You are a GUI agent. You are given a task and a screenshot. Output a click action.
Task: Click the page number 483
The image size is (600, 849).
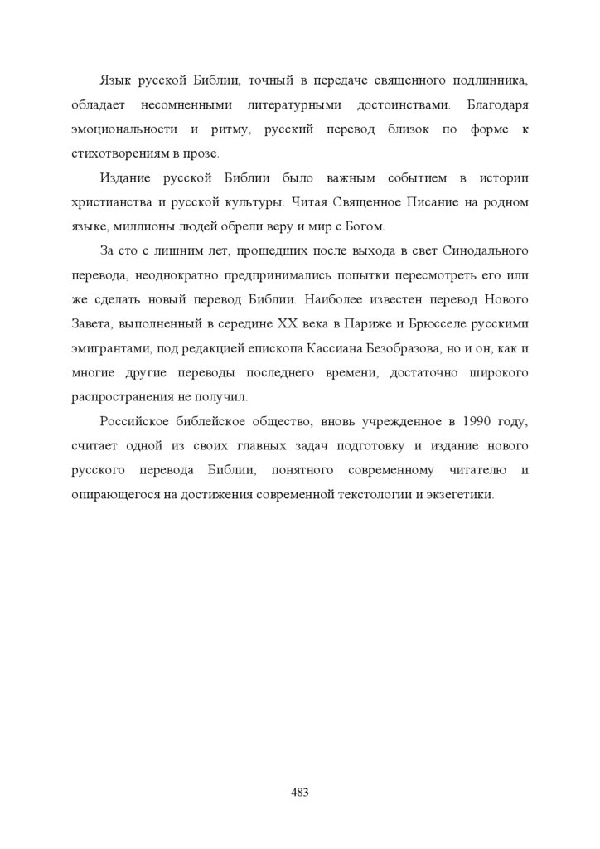[x=300, y=793]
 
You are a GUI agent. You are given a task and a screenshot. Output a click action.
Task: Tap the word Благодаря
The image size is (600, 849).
[x=497, y=104]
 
